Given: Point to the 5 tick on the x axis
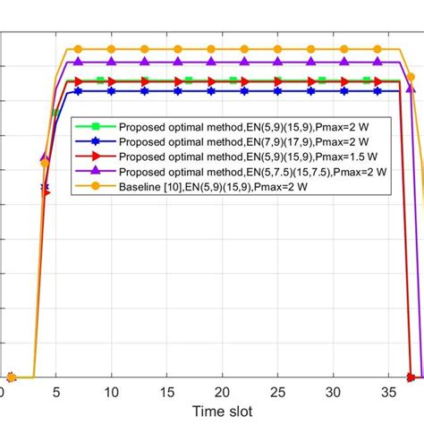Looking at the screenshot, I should coord(55,393).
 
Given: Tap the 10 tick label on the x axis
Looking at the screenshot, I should coord(111,393).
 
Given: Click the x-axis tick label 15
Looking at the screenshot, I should coord(166,393).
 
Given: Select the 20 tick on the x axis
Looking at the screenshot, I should coord(223,393).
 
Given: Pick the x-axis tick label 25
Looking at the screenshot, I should coord(278,393).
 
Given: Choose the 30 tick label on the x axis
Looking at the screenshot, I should coord(334,393).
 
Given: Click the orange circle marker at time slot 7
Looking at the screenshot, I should coord(78,49).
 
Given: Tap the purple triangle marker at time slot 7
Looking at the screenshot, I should coord(78,62).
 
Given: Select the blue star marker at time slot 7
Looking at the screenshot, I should coord(78,90).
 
